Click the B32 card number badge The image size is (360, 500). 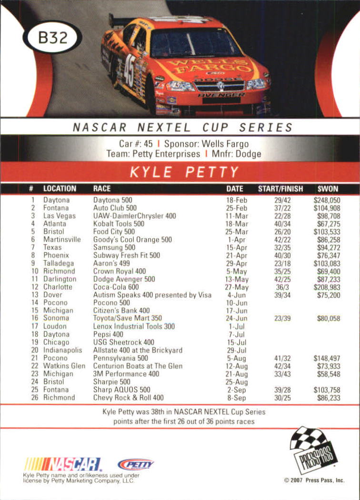[x=52, y=38]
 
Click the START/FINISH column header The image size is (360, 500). [x=280, y=189]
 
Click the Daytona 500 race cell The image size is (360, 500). [x=112, y=200]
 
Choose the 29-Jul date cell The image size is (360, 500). [x=237, y=350]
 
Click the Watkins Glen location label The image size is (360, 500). [x=64, y=366]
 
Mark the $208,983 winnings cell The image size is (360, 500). [x=327, y=287]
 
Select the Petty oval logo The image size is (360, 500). [x=136, y=464]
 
